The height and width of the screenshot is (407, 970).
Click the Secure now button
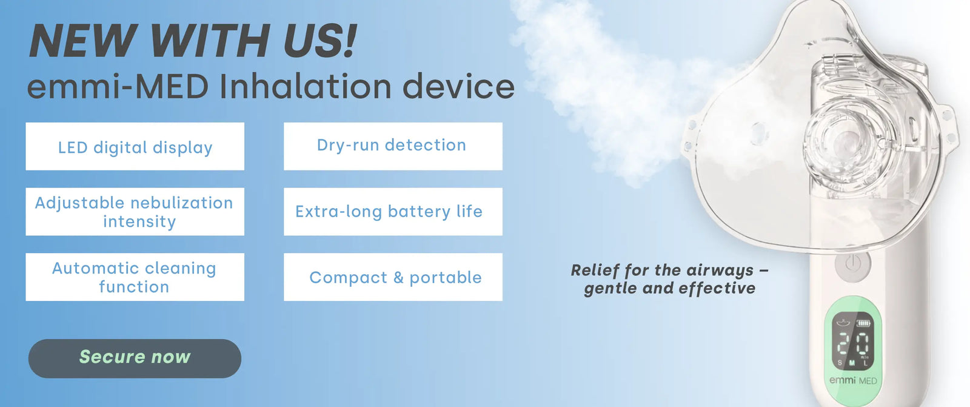tap(135, 358)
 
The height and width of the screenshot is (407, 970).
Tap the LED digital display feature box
tap(135, 147)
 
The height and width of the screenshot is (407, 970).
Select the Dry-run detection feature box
tap(393, 147)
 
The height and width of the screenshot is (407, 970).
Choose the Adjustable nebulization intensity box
tap(135, 212)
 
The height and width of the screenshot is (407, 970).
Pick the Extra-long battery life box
tap(393, 212)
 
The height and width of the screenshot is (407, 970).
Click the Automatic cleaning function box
tap(135, 277)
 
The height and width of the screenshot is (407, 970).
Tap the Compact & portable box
tap(393, 277)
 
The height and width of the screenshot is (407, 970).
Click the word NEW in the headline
tap(83, 41)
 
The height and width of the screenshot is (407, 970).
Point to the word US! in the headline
tap(321, 41)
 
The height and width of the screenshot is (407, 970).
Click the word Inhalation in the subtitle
tap(306, 87)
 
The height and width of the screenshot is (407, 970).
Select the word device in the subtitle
tap(458, 87)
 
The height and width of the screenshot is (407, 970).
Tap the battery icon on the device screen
tap(863, 323)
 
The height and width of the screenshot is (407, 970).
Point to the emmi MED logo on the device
tap(852, 380)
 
